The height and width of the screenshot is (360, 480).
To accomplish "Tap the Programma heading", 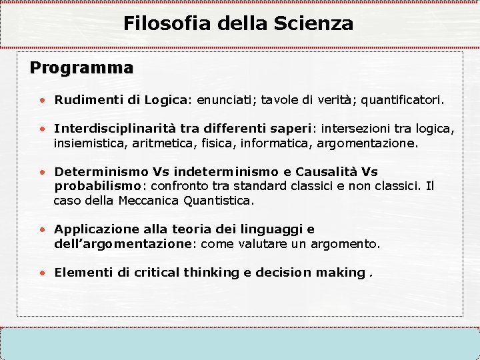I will coord(81,68).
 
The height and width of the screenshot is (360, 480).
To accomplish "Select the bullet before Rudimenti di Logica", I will coord(42,101).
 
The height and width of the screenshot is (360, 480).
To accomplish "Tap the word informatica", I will coord(274,143).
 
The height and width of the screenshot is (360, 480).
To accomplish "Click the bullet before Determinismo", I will coord(42,171).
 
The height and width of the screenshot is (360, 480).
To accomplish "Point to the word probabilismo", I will coord(95,186).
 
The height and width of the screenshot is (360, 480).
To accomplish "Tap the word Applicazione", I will coord(95,229).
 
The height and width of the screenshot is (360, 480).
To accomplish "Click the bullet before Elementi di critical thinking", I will coord(42,273).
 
